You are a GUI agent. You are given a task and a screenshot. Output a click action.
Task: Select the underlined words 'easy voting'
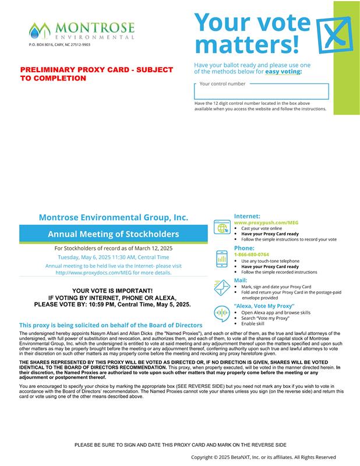click(283, 72)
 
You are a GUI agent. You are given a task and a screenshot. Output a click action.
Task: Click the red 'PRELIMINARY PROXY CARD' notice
click(97, 73)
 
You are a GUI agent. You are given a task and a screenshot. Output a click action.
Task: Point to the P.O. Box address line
click(59, 45)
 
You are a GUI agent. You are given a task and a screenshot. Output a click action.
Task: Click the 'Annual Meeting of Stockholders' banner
click(114, 234)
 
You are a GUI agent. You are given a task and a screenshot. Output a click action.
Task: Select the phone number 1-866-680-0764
click(252, 255)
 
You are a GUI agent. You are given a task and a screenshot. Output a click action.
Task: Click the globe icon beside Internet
click(222, 228)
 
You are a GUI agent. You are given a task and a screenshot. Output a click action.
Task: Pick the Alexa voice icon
click(222, 313)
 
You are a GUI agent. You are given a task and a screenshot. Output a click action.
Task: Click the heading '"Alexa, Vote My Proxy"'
click(264, 306)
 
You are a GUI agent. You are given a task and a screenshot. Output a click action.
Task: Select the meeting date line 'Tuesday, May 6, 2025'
click(114, 257)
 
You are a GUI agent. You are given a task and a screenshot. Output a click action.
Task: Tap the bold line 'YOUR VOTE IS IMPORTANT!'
click(112, 291)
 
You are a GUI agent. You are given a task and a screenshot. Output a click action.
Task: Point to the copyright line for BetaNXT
click(263, 457)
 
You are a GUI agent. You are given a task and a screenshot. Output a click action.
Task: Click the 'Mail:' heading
click(241, 280)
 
